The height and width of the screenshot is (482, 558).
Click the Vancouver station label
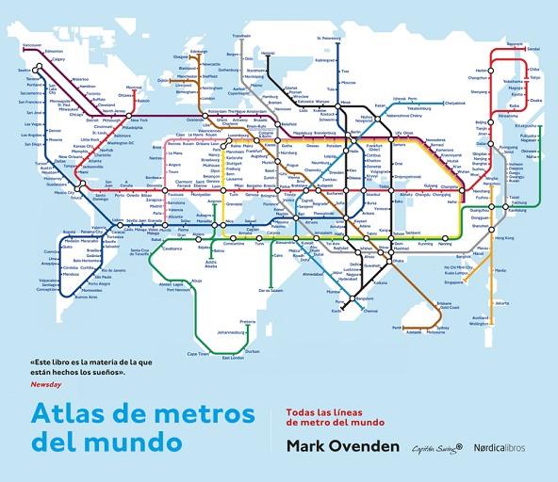[32, 45]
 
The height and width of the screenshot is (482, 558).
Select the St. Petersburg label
[329, 39]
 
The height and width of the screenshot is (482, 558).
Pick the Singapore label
[454, 281]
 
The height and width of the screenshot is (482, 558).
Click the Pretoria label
[248, 321]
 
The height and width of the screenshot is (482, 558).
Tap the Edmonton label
[53, 51]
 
